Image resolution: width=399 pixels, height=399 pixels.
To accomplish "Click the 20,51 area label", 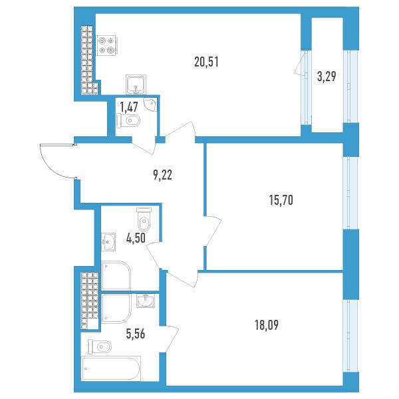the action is tap(206, 62).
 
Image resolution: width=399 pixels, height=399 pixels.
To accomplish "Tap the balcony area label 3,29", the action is tap(327, 76).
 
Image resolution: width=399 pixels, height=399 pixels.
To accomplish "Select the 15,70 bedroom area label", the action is tap(281, 200).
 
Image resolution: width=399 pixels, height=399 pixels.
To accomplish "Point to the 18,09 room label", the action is tap(267, 325).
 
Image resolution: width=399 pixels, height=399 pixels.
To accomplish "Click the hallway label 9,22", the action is tap(163, 176).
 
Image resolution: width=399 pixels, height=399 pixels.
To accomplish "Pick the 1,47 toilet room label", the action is tap(129, 107).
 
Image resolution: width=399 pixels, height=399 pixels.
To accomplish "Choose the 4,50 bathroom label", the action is tap(136, 239).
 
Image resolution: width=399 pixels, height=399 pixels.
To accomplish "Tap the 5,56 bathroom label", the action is tap(136, 334).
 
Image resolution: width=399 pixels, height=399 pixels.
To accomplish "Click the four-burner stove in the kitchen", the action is tap(106, 45).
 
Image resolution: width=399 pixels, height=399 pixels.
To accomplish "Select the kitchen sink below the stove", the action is tap(136, 84).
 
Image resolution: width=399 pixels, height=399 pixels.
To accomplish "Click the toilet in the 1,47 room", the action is tap(128, 120).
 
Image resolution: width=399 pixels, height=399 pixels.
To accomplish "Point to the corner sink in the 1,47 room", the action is tap(150, 105).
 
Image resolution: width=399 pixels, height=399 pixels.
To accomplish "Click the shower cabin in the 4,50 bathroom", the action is tap(116, 275).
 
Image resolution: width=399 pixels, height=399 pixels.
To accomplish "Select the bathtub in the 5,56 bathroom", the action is tap(111, 368).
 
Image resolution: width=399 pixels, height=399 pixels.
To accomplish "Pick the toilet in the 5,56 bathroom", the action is tap(100, 346).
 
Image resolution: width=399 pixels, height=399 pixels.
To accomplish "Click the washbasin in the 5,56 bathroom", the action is tap(145, 301).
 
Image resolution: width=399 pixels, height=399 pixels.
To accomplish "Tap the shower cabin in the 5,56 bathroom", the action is tap(116, 309).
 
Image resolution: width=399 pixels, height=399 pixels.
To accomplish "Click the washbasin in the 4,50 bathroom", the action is tap(108, 241).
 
